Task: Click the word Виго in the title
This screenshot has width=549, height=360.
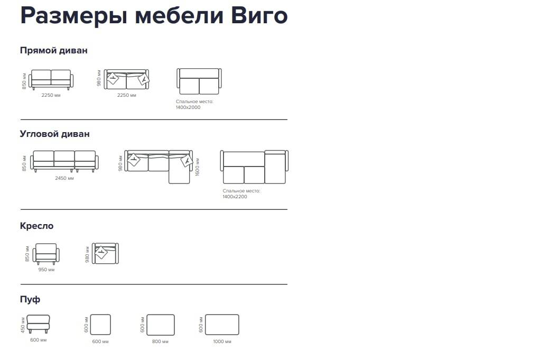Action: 259,16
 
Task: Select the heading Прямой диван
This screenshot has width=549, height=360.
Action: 53,51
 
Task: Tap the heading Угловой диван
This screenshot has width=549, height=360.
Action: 54,134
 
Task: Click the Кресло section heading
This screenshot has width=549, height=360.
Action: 37,226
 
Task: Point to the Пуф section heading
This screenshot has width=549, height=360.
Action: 30,299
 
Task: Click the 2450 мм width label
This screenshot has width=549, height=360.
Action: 64,178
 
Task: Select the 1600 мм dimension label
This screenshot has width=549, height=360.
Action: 198,167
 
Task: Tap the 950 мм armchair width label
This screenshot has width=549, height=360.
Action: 46,270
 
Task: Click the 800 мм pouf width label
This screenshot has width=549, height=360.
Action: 160,341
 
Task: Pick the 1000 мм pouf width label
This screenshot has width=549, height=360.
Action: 222,341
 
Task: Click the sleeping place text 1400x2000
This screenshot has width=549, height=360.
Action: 188,107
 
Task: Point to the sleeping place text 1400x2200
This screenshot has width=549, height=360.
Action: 235,197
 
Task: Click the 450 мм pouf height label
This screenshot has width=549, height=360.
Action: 23,325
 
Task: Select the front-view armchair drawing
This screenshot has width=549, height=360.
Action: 46,254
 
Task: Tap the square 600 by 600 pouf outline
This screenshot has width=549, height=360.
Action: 100,325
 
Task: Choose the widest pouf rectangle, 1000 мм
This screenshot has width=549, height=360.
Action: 222,325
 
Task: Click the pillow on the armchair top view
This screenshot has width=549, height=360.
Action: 101,252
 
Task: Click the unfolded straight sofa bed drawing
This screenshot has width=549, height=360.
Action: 199,81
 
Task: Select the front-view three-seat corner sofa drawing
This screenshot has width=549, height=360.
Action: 64,161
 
